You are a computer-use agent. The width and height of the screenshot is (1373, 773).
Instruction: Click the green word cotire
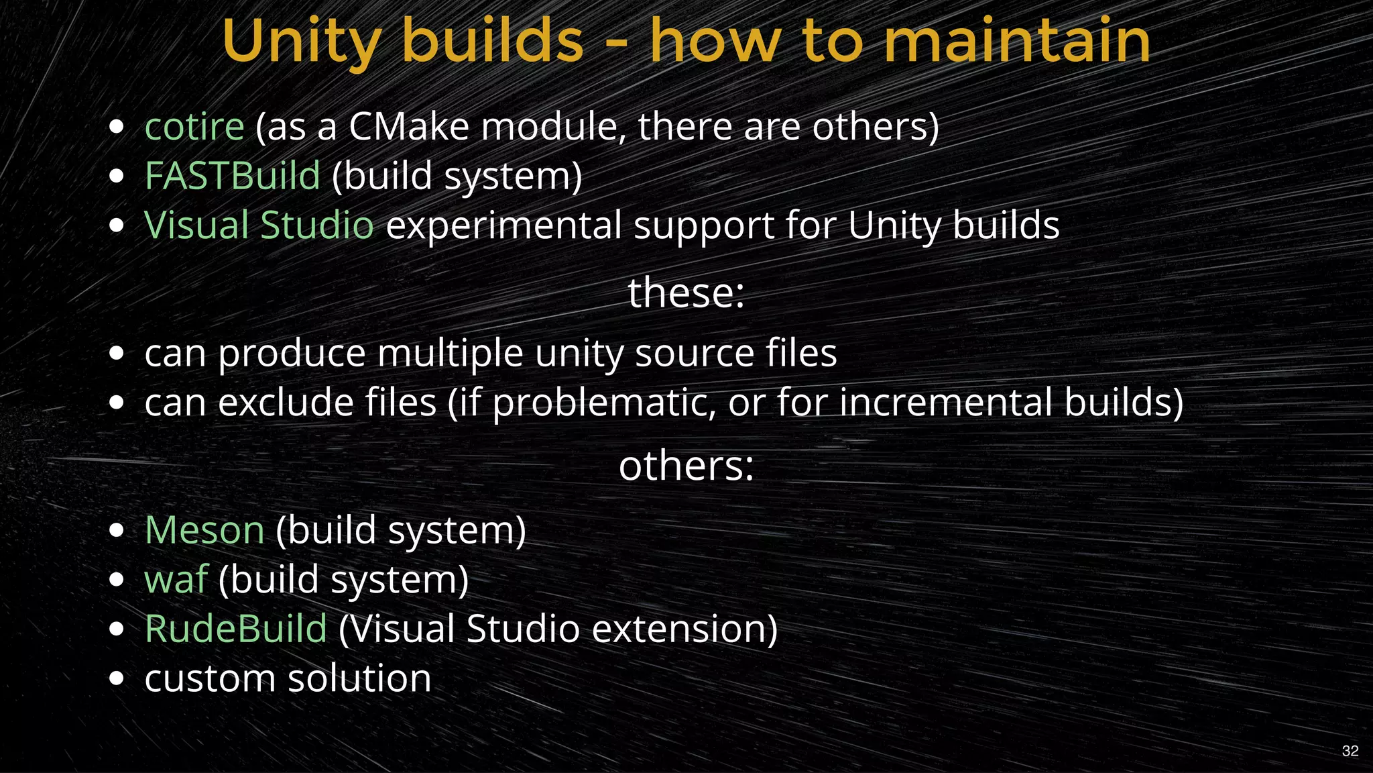pos(194,127)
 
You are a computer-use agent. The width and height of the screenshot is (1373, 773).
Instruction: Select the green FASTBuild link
pos(233,176)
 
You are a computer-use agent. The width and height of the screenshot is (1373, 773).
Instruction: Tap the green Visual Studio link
pos(259,225)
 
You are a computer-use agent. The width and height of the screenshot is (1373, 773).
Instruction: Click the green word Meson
pos(204,530)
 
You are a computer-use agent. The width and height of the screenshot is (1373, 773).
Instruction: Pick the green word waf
pos(176,579)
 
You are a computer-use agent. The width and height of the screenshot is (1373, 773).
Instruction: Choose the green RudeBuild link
pos(236,629)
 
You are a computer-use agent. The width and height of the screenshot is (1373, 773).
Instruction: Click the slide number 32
pos(1350,751)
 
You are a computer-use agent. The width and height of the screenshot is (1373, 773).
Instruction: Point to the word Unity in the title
pos(302,42)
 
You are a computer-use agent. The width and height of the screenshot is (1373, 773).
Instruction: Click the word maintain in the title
pos(1017,42)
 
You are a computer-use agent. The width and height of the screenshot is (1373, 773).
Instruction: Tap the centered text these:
pos(686,293)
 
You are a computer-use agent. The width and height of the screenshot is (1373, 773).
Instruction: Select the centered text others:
pos(686,466)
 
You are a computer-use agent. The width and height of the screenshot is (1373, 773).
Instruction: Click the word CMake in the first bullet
pos(409,127)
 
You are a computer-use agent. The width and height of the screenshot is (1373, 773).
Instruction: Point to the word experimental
pos(503,225)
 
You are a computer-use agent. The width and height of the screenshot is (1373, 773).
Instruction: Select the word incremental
pos(946,403)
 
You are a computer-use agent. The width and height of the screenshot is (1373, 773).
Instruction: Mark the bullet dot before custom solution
pos(117,678)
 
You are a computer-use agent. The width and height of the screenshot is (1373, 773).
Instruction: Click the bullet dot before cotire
pos(117,127)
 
